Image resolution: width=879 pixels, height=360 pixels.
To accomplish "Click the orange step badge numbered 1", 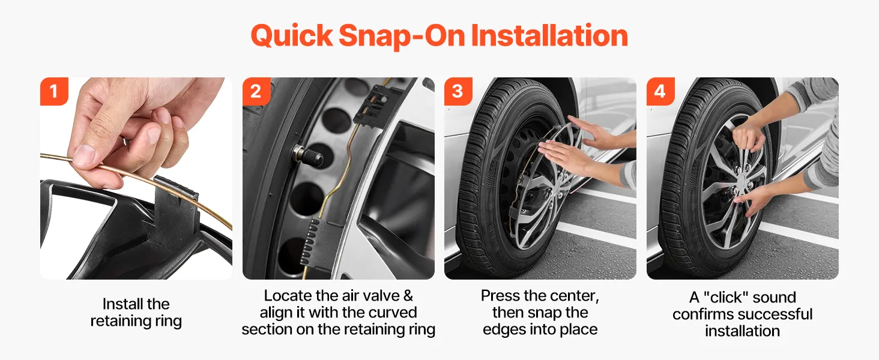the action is pos(54,91).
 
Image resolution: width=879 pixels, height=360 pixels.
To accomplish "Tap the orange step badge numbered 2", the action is pos(256,91).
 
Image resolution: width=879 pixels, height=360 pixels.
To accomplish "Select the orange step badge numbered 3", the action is pos(458,91).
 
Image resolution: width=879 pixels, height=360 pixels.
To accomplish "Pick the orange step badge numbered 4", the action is pos(661,91).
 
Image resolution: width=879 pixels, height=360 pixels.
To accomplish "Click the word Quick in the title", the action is pos(292,36).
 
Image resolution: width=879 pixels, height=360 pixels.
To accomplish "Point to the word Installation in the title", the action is pos(549,35).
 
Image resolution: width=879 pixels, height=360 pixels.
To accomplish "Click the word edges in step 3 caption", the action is pos(504,330).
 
